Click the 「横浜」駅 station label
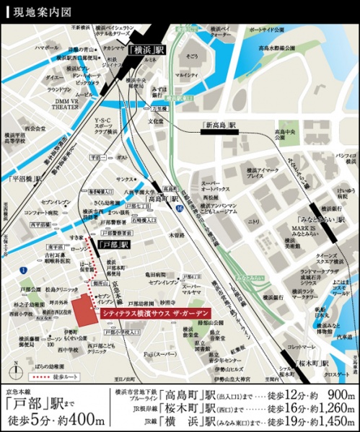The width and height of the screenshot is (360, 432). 148,51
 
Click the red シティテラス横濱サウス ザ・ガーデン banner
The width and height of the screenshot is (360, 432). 163,313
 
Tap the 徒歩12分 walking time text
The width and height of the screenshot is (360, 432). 277,394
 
